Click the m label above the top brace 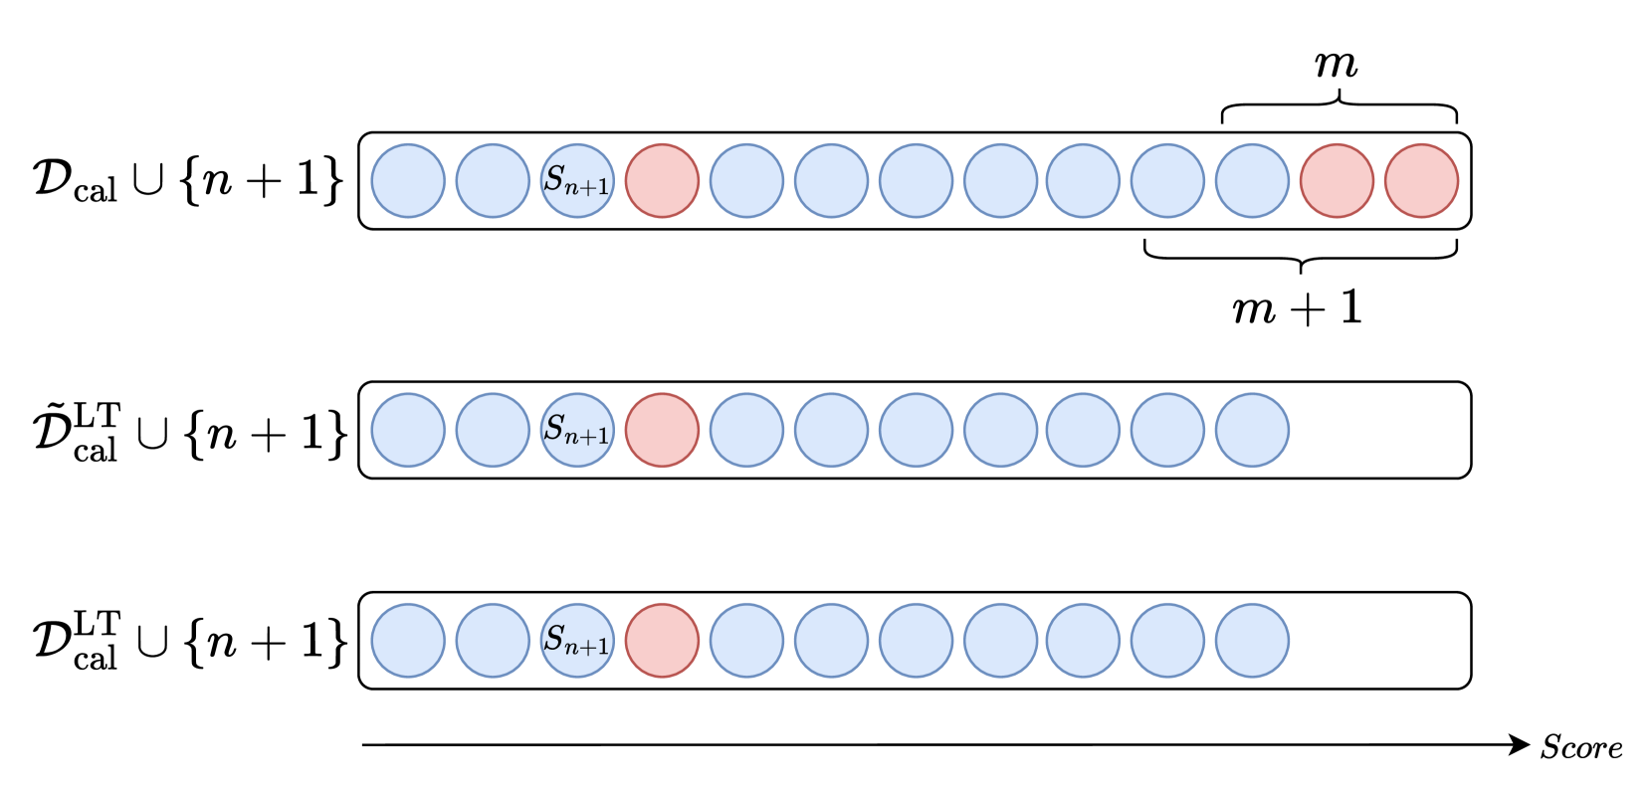[1337, 65]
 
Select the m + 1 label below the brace [1297, 307]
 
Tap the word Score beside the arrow [1580, 747]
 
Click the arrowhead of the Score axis [1520, 744]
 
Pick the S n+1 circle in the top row [577, 181]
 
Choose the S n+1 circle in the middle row [577, 430]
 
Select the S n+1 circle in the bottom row [577, 641]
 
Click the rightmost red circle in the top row [1421, 181]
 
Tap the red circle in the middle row [662, 430]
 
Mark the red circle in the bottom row [662, 641]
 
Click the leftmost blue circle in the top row [408, 181]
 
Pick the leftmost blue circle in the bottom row [408, 641]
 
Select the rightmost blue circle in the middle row [1252, 430]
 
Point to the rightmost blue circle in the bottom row [1252, 641]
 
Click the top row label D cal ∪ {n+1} [188, 180]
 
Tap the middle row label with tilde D [188, 432]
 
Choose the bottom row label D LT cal [188, 642]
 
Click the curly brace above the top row [1340, 104]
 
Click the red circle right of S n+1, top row [662, 181]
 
